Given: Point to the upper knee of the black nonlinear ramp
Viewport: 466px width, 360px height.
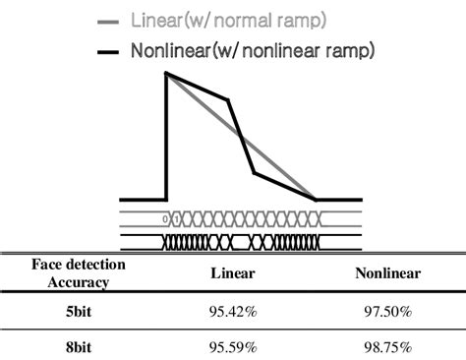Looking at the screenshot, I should [x=228, y=99].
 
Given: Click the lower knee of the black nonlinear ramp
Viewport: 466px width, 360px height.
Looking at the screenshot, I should [x=255, y=173].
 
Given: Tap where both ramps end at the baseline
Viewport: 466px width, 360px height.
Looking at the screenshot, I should [x=316, y=199].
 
